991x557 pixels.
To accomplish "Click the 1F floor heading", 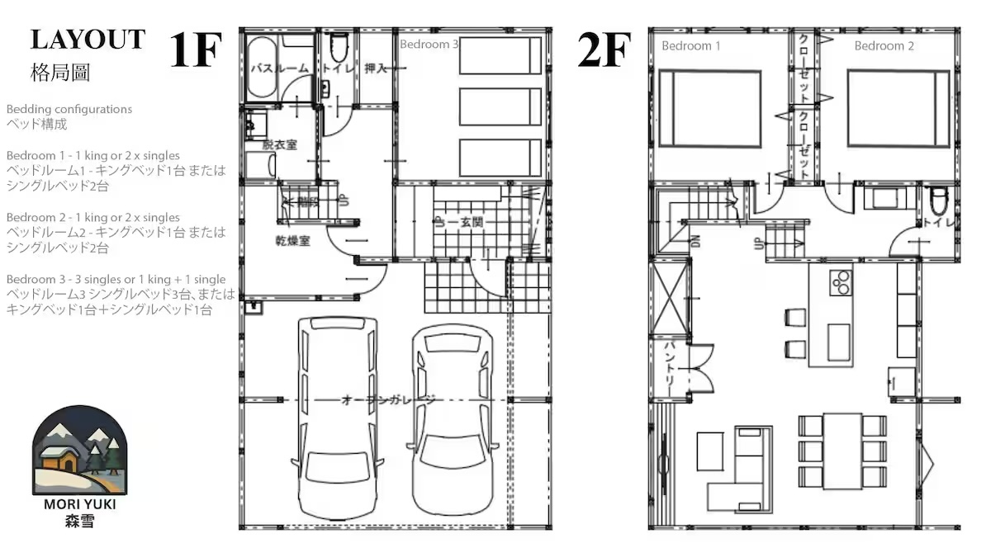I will point(196,50).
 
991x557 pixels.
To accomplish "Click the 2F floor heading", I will point(605,50).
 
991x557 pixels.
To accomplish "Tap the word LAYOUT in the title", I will point(88,40).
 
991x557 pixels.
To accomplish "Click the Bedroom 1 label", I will point(690,46).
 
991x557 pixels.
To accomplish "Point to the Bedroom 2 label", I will point(884,46).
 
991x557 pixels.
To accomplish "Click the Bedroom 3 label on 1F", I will point(429,45).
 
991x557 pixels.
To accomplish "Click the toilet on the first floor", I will point(339,51).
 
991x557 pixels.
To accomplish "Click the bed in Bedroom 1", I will point(715,107).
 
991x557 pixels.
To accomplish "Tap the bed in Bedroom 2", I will point(898,107).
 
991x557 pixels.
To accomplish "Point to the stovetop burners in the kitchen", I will point(840,281).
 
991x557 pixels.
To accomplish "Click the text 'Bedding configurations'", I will point(69,109).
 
